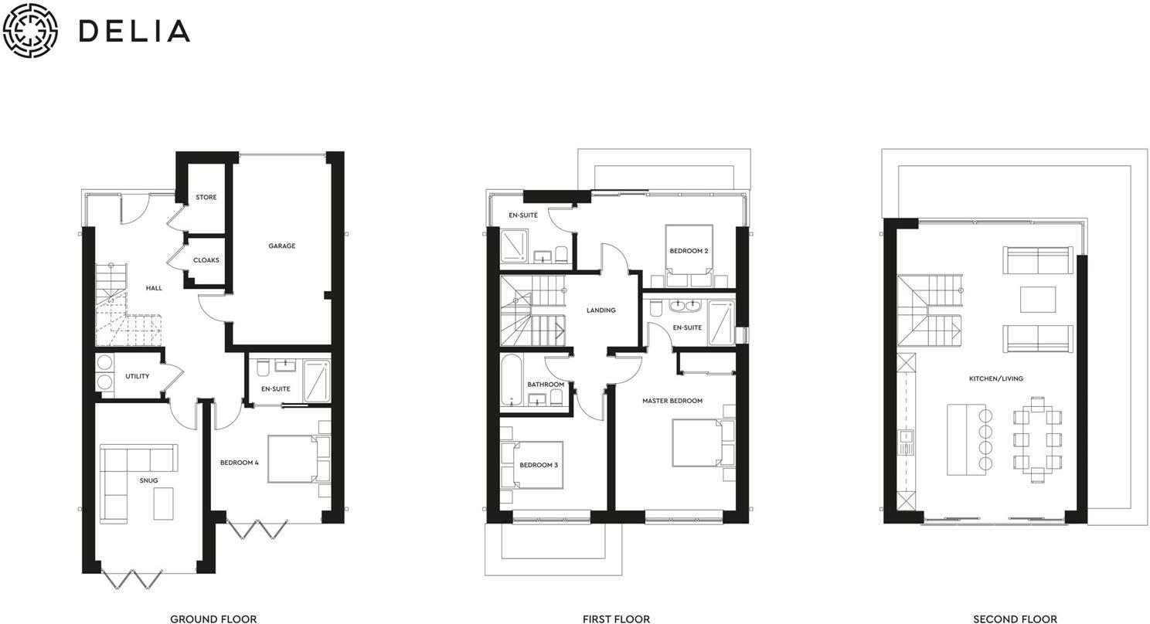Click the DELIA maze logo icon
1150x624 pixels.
[31, 31]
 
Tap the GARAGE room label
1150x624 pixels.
[281, 246]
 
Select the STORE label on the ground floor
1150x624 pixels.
[206, 198]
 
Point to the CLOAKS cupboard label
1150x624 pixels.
[206, 260]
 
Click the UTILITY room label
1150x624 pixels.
[138, 377]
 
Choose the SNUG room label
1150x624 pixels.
[148, 480]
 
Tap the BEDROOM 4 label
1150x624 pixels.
[239, 463]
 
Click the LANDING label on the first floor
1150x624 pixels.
[601, 310]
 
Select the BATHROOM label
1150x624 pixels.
[546, 385]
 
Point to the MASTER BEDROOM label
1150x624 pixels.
[672, 401]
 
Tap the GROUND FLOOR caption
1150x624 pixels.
[213, 619]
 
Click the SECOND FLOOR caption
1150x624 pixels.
[1015, 619]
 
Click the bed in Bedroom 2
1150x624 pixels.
[689, 249]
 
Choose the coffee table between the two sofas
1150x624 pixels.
[1037, 300]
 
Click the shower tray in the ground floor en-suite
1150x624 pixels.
[316, 381]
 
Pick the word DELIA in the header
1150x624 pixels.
[134, 31]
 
